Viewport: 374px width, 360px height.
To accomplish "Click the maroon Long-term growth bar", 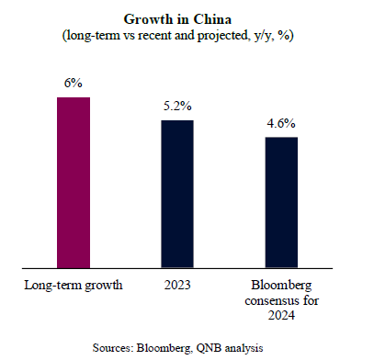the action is tap(74, 183).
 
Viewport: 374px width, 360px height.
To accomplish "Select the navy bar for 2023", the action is tap(177, 194).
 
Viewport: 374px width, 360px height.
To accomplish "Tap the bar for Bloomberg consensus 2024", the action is tap(281, 203).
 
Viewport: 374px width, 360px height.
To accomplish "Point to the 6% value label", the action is tap(74, 83).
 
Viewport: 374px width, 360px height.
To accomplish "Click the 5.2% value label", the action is tap(177, 106).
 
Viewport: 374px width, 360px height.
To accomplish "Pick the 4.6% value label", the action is tap(281, 123).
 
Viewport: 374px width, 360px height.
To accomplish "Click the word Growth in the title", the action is tap(148, 19).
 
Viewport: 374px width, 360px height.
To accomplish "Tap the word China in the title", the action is tap(212, 19).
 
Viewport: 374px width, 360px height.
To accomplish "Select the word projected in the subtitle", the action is tap(222, 36).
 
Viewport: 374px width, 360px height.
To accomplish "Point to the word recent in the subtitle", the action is tap(154, 36).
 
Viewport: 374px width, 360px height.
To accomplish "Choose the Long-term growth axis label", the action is tap(74, 286).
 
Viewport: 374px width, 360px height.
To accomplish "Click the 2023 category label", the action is tap(177, 285).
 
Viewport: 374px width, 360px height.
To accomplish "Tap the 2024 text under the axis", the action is tap(281, 315).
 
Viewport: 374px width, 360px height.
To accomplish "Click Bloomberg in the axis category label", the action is tap(281, 286).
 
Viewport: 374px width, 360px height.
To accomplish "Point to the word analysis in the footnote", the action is tap(244, 348).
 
